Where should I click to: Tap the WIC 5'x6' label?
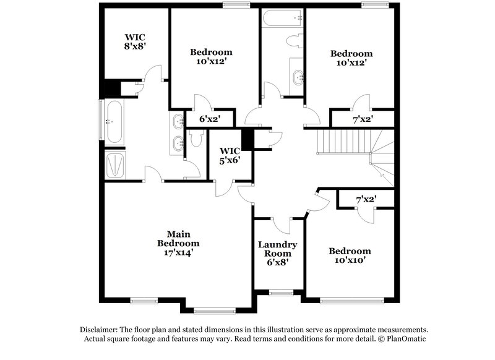tap(230, 155)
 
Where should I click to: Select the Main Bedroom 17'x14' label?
tap(178, 243)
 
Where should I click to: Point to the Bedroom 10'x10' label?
tap(350, 255)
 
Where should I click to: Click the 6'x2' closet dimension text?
tap(207, 119)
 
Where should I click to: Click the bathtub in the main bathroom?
tap(115, 122)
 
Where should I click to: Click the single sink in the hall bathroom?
tap(298, 77)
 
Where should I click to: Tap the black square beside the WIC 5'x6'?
tap(247, 140)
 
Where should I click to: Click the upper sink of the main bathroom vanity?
tap(178, 121)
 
